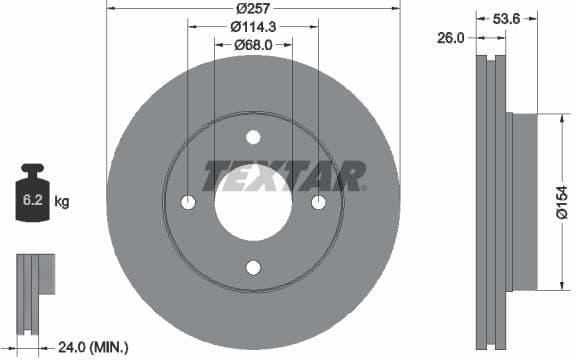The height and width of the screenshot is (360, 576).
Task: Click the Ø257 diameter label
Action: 253,8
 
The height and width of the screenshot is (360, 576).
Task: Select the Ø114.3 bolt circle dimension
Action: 253,27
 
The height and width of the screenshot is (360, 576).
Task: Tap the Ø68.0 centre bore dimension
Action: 253,45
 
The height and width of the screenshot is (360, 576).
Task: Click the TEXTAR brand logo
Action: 284,176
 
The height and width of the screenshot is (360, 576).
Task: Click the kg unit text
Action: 62,202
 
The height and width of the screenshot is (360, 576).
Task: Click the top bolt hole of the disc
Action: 253,137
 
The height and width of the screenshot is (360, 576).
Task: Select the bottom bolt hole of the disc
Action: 253,267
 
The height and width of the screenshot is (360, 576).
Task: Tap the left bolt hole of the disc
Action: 188,203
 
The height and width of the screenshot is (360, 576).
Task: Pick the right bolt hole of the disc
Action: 318,203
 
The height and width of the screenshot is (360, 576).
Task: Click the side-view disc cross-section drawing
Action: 491,200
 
